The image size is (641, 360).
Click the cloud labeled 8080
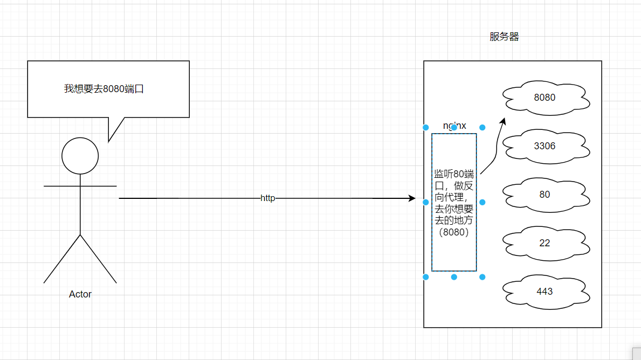coord(544,98)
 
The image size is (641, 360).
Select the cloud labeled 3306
coord(544,146)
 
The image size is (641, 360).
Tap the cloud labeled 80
coord(544,194)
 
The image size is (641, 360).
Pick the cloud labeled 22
coord(544,243)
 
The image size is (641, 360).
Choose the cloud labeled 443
coord(544,291)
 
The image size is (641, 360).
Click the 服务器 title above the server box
coord(504,37)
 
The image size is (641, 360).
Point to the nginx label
coord(454,126)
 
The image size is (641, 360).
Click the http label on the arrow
coord(268,198)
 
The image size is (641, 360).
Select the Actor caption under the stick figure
coord(80,294)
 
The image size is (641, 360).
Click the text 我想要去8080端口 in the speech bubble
coord(104,88)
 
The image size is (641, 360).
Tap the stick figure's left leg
coord(62,259)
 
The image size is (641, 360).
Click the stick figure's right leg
coord(99,259)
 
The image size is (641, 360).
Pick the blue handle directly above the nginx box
coord(454,128)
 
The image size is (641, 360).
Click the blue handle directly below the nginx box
coord(454,277)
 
